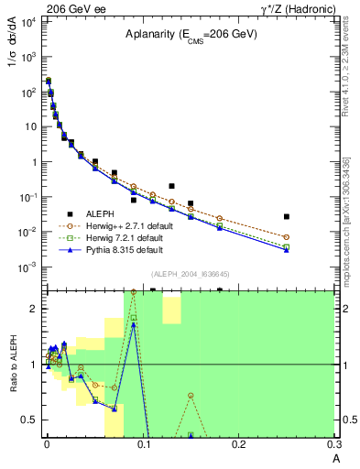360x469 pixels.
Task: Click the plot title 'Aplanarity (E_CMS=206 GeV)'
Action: click(191, 36)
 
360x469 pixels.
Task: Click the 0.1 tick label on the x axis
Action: click(142, 445)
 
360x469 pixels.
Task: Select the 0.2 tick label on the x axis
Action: click(238, 445)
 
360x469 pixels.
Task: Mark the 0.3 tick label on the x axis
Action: click(333, 445)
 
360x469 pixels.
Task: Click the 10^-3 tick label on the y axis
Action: click(27, 267)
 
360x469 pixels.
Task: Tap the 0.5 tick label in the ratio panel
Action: click(29, 420)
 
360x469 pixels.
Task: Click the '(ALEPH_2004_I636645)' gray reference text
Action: click(191, 274)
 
